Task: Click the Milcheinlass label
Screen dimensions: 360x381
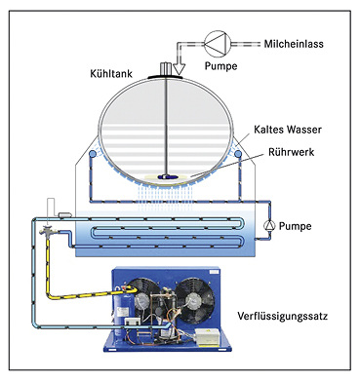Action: point(294,44)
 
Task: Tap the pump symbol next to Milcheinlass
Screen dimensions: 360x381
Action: point(218,44)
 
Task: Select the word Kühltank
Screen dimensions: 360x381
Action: point(111,74)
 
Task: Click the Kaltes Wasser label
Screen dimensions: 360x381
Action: point(288,130)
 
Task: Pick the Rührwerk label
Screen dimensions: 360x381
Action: point(292,152)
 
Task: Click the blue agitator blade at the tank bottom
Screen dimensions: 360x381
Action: point(167,177)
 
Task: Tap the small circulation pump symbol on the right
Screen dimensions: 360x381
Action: point(269,225)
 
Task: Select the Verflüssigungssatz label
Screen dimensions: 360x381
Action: point(282,316)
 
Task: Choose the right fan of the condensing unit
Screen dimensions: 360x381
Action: point(194,300)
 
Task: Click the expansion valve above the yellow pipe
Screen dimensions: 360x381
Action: point(48,231)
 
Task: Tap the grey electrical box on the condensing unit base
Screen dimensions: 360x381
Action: point(208,337)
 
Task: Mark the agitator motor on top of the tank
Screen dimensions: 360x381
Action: point(166,69)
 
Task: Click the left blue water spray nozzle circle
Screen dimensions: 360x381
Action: point(93,153)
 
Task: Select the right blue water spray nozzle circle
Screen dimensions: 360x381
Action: point(238,153)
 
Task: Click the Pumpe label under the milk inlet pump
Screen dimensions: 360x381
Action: point(220,66)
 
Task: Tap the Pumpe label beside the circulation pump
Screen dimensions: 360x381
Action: point(296,226)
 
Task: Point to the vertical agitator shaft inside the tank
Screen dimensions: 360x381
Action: point(166,127)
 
